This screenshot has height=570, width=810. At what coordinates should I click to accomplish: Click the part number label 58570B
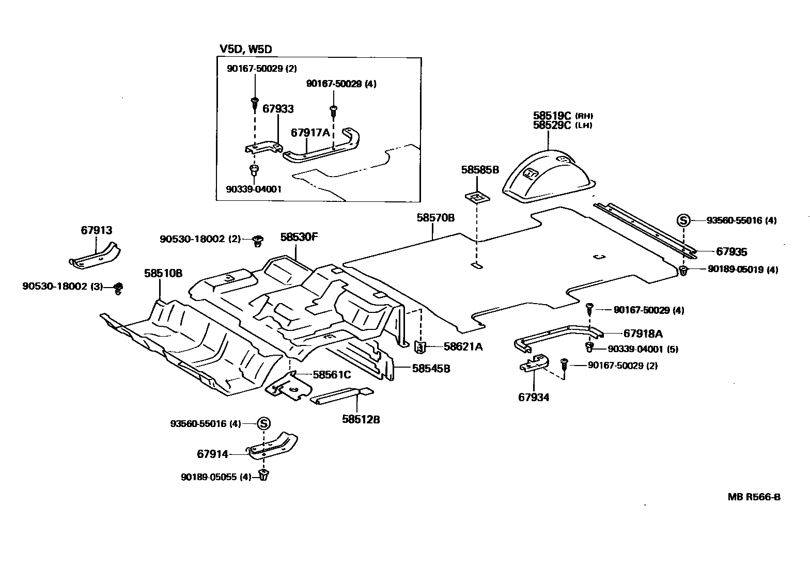pyautogui.click(x=435, y=218)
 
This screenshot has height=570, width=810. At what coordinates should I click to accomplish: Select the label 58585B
pyautogui.click(x=480, y=169)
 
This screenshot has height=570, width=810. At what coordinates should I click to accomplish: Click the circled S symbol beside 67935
pyautogui.click(x=683, y=220)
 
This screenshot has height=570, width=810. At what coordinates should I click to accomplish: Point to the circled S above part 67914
pyautogui.click(x=263, y=424)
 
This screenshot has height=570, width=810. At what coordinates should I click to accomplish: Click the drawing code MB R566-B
pyautogui.click(x=754, y=497)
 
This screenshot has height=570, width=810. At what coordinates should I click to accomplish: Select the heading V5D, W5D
pyautogui.click(x=245, y=49)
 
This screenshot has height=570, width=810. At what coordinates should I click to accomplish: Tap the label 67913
pyautogui.click(x=96, y=230)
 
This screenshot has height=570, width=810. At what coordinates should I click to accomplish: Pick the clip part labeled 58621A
pyautogui.click(x=420, y=347)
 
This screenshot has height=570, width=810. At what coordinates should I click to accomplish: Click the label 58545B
pyautogui.click(x=431, y=369)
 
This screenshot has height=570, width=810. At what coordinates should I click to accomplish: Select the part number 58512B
pyautogui.click(x=361, y=419)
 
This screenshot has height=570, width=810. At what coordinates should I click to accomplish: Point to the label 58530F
pyautogui.click(x=299, y=237)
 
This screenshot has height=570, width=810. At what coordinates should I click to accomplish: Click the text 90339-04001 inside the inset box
pyautogui.click(x=254, y=189)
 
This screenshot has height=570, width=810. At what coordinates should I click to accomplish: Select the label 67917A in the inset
pyautogui.click(x=310, y=132)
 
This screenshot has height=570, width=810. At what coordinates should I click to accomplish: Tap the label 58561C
pyautogui.click(x=332, y=375)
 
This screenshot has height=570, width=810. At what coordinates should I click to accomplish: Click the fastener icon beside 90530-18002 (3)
pyautogui.click(x=118, y=288)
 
